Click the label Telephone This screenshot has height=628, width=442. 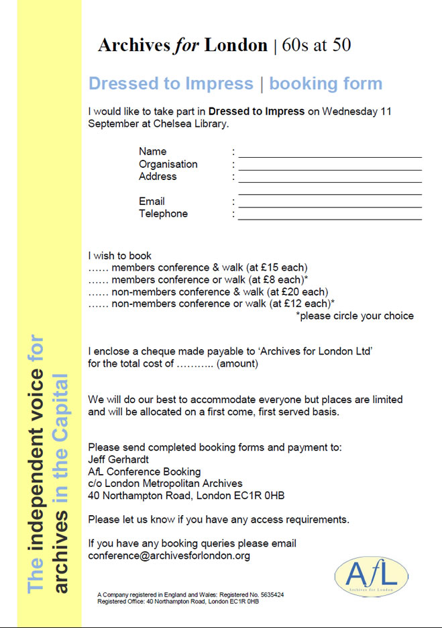coord(163,214)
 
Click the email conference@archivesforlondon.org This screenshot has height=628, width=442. coord(169,556)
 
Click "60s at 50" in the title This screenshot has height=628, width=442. coord(318,46)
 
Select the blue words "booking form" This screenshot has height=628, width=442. coord(325,84)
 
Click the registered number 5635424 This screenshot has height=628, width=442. coord(270,595)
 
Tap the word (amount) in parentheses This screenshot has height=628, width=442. coord(237,363)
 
